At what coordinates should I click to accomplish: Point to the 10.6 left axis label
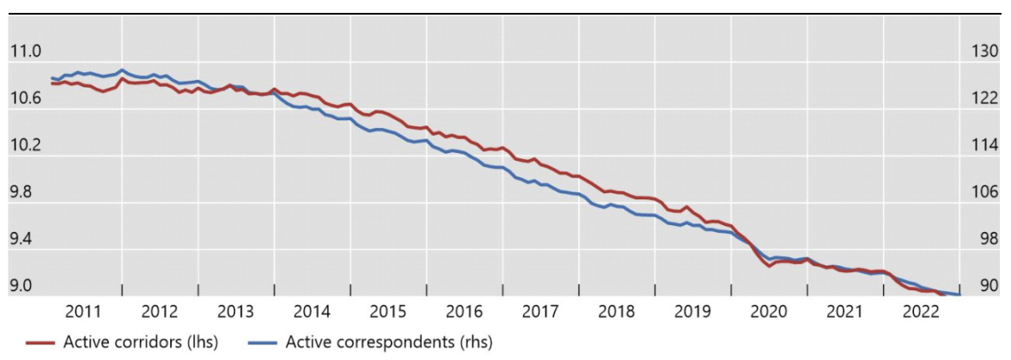[x=25, y=100]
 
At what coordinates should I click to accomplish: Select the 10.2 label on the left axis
[x=25, y=146]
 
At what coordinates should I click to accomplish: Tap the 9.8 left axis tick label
[x=25, y=193]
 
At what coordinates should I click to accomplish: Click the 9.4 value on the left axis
[x=25, y=240]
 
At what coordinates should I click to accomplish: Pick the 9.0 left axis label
[x=25, y=286]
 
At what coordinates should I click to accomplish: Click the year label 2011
[x=83, y=311]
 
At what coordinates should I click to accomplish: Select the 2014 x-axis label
[x=313, y=311]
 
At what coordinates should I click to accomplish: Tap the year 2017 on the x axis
[x=541, y=311]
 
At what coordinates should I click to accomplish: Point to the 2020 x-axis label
[x=770, y=311]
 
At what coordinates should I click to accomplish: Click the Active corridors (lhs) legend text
[x=141, y=343]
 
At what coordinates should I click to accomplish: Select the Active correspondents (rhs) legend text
[x=389, y=343]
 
